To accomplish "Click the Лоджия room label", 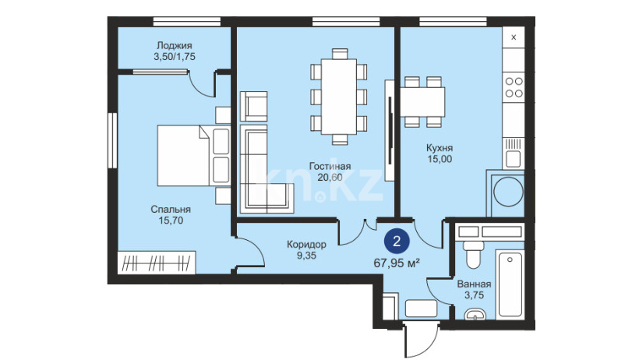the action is click(175, 46).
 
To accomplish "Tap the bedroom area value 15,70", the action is click(171, 221).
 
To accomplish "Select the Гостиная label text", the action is click(330, 166).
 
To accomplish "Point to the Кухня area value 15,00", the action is click(440, 159).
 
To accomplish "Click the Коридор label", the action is click(306, 245).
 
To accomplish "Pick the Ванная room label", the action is click(474, 284).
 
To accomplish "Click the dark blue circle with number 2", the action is click(397, 242).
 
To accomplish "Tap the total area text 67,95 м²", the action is click(397, 263).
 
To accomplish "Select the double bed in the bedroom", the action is click(193, 155).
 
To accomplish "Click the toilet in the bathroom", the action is click(473, 254).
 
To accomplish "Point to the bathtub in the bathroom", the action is click(510, 284).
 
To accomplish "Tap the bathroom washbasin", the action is click(475, 314).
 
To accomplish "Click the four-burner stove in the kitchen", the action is click(514, 87).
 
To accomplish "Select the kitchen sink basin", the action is click(513, 159).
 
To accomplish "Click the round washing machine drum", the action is click(508, 191).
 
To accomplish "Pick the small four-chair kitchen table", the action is click(422, 102).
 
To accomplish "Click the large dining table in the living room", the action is click(339, 97).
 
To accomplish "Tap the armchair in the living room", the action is click(253, 106).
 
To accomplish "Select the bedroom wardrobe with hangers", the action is click(157, 262).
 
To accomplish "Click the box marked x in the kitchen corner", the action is click(514, 37).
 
